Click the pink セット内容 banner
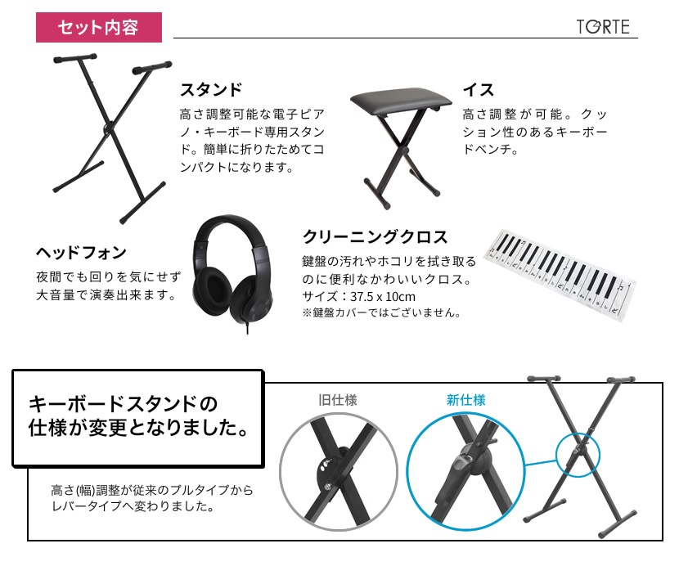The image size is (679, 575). (x=99, y=27)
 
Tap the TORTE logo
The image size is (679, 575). (x=603, y=27)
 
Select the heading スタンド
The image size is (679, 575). (x=211, y=90)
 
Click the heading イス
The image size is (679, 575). (x=479, y=90)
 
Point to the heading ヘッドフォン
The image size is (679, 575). (x=82, y=252)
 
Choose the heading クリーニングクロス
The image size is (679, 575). (x=375, y=237)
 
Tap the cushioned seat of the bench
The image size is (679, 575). (x=401, y=98)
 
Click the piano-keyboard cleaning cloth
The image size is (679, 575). (x=560, y=275)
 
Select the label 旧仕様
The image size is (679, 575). (x=338, y=400)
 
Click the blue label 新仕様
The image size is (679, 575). (x=466, y=400)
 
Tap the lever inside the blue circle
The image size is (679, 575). (x=462, y=462)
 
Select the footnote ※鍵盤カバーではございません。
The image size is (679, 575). (x=382, y=312)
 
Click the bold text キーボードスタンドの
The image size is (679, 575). (x=123, y=404)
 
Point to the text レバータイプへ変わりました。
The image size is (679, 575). (x=133, y=506)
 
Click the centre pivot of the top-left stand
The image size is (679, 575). (x=108, y=128)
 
